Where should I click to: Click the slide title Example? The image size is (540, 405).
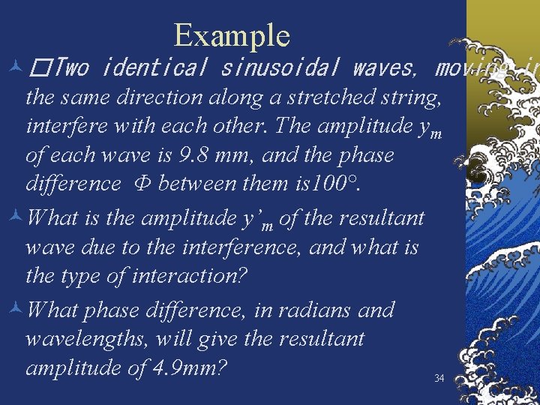(231, 34)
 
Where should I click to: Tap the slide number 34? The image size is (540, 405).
(439, 379)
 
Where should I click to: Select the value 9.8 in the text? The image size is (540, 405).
(196, 154)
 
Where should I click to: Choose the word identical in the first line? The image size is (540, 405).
(154, 69)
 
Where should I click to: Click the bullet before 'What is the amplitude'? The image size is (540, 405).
(13, 219)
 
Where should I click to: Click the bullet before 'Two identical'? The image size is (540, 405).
(13, 69)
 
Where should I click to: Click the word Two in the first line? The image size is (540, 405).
(72, 69)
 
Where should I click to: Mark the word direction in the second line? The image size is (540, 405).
(158, 97)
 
